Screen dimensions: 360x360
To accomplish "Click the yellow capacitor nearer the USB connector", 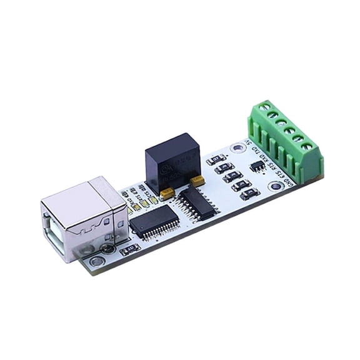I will click(167, 193).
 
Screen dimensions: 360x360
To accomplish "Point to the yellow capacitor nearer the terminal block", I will click(197, 180).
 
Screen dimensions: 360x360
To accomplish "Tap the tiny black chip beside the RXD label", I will click(257, 166).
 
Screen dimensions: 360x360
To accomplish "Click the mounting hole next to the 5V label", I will click(237, 148).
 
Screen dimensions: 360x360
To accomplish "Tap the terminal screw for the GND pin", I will click(307, 147).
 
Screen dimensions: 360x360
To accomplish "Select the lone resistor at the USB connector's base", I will click(131, 249).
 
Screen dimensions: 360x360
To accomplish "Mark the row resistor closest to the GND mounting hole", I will click(249, 194).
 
